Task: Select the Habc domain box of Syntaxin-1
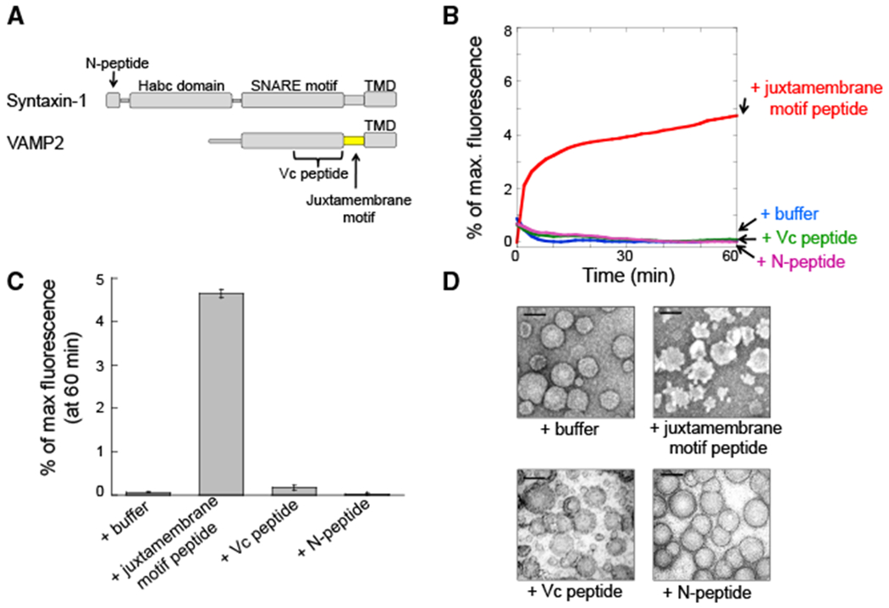click(180, 100)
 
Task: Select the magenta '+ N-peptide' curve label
click(793, 262)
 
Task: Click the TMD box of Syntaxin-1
click(378, 100)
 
